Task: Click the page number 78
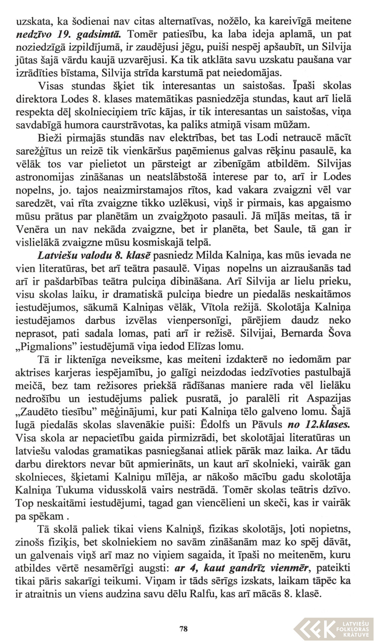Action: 184,629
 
